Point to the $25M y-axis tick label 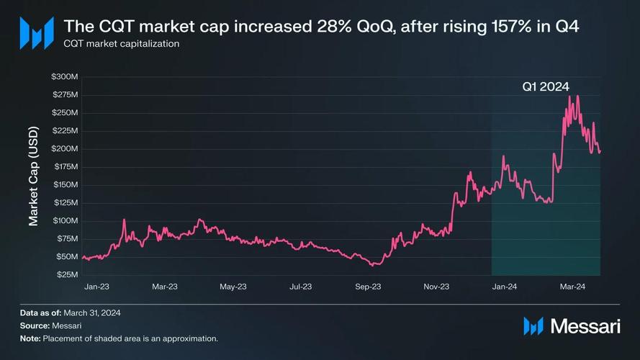(67, 274)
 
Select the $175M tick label (65, 166)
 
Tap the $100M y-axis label (65, 220)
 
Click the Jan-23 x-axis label (96, 287)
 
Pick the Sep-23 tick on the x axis (368, 287)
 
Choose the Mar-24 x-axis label (572, 287)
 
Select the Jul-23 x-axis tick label (300, 287)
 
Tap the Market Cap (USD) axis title (34, 176)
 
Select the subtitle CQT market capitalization (121, 44)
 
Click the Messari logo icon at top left (36, 32)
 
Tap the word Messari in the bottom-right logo (585, 326)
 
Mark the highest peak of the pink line (569, 96)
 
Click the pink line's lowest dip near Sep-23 (373, 265)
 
